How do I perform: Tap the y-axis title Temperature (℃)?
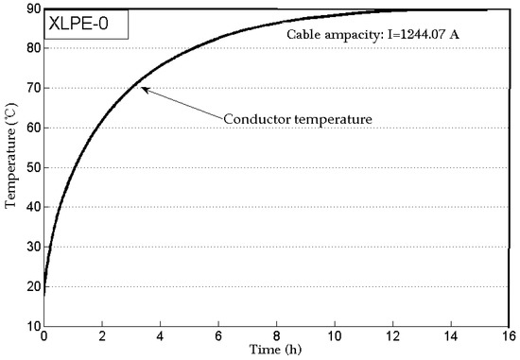pos(10,167)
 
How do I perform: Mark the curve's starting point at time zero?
pos(43,295)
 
